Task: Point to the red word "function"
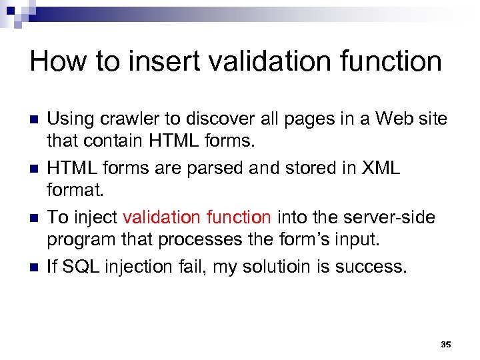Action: [237, 217]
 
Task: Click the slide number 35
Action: [446, 345]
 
